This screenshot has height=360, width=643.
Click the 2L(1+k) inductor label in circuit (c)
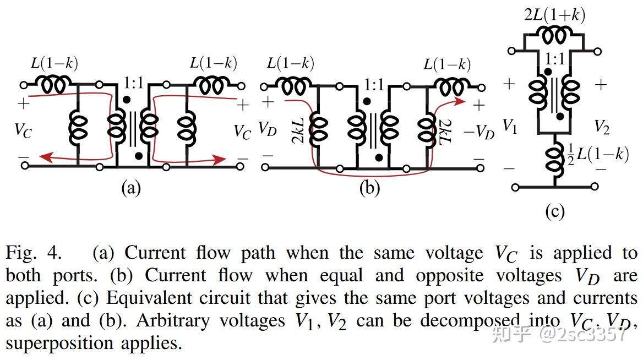[x=554, y=15]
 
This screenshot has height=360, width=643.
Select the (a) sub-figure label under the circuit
[x=131, y=188]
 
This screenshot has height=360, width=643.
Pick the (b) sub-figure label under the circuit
[x=369, y=188]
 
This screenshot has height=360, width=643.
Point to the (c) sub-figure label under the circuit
[x=555, y=211]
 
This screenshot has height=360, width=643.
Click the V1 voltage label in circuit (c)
[x=510, y=126]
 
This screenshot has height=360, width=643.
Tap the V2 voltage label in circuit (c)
[x=602, y=127]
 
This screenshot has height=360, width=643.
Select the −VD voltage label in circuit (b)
[x=479, y=132]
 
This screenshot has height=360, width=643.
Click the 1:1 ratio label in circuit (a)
[x=134, y=83]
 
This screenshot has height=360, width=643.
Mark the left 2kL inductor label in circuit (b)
[x=298, y=131]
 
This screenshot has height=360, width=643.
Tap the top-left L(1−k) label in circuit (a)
[x=55, y=63]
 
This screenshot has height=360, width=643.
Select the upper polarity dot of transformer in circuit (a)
[x=127, y=100]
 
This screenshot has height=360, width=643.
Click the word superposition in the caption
[x=59, y=343]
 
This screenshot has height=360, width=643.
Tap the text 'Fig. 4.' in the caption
[x=34, y=253]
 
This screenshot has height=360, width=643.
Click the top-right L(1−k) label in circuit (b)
[x=447, y=64]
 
